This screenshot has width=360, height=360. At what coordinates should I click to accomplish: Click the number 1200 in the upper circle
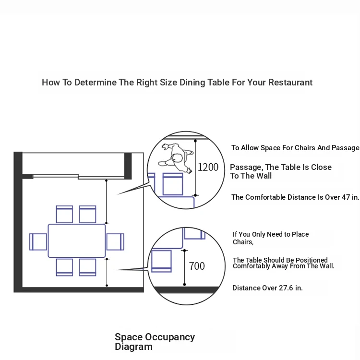208,167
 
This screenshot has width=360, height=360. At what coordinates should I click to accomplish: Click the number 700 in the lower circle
197,266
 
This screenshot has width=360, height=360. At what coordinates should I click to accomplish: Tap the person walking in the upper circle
176,158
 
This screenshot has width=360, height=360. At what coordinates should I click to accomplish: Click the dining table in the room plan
77,241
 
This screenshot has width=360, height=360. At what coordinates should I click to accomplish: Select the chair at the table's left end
38,242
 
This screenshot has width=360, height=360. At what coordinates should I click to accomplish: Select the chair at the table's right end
115,242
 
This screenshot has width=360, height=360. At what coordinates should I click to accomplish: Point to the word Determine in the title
96,82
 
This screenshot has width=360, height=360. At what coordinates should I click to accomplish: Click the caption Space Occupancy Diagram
155,342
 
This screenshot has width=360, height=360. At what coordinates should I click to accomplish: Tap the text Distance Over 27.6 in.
267,288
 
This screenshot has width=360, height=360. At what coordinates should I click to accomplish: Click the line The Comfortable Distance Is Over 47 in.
295,197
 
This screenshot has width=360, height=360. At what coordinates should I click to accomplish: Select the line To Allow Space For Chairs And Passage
295,148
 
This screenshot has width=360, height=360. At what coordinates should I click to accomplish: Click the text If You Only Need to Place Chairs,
271,238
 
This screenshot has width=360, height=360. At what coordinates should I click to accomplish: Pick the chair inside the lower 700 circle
161,261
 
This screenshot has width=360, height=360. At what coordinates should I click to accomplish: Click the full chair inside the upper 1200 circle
173,184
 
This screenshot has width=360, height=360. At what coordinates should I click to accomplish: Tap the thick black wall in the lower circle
186,290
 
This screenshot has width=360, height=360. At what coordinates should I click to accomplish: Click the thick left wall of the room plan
18,222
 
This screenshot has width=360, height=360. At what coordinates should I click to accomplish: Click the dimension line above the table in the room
106,202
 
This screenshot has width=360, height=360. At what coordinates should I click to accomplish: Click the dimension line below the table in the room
107,272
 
